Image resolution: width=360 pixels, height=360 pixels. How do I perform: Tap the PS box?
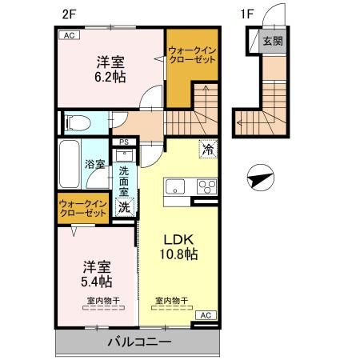click(123, 144)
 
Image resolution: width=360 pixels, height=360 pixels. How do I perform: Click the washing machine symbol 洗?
click(125, 207)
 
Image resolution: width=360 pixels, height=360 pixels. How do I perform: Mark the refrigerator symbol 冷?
click(207, 149)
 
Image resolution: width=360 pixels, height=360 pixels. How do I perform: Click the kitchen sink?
click(174, 188)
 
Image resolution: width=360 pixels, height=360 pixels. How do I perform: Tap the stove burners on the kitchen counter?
click(206, 188)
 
